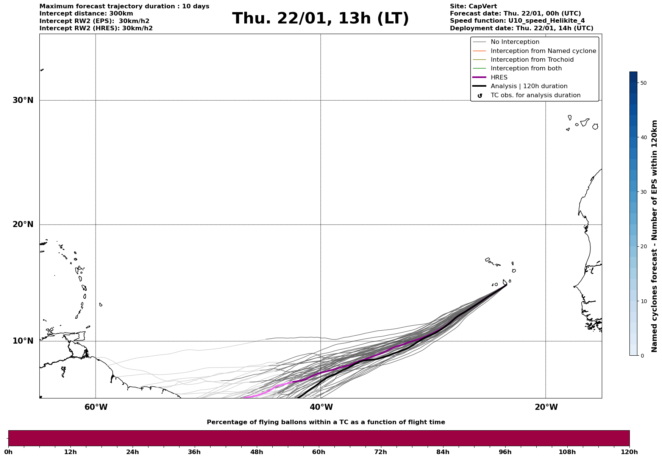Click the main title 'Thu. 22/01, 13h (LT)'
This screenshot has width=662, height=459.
[320, 19]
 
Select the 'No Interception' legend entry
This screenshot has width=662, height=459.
[515, 42]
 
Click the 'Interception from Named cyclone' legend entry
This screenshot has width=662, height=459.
[543, 51]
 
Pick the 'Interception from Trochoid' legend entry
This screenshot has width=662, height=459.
[532, 60]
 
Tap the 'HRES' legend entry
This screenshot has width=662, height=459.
[499, 78]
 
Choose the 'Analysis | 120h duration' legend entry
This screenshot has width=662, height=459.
[529, 86]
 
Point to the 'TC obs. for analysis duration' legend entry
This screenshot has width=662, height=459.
[535, 95]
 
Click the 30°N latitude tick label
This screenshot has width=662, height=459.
[23, 100]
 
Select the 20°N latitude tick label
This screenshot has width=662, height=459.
[23, 224]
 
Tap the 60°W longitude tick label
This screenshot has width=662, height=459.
[96, 407]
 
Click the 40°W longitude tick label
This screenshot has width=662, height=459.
[321, 407]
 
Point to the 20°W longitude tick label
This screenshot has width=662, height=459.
[546, 407]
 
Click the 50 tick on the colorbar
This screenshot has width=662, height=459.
[643, 83]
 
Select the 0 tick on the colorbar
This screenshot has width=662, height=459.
[642, 356]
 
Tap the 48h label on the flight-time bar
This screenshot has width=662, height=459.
[256, 452]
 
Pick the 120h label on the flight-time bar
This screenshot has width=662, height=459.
[629, 452]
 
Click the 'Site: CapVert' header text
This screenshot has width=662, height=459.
[473, 6]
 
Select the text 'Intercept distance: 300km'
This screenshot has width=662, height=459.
[86, 14]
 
